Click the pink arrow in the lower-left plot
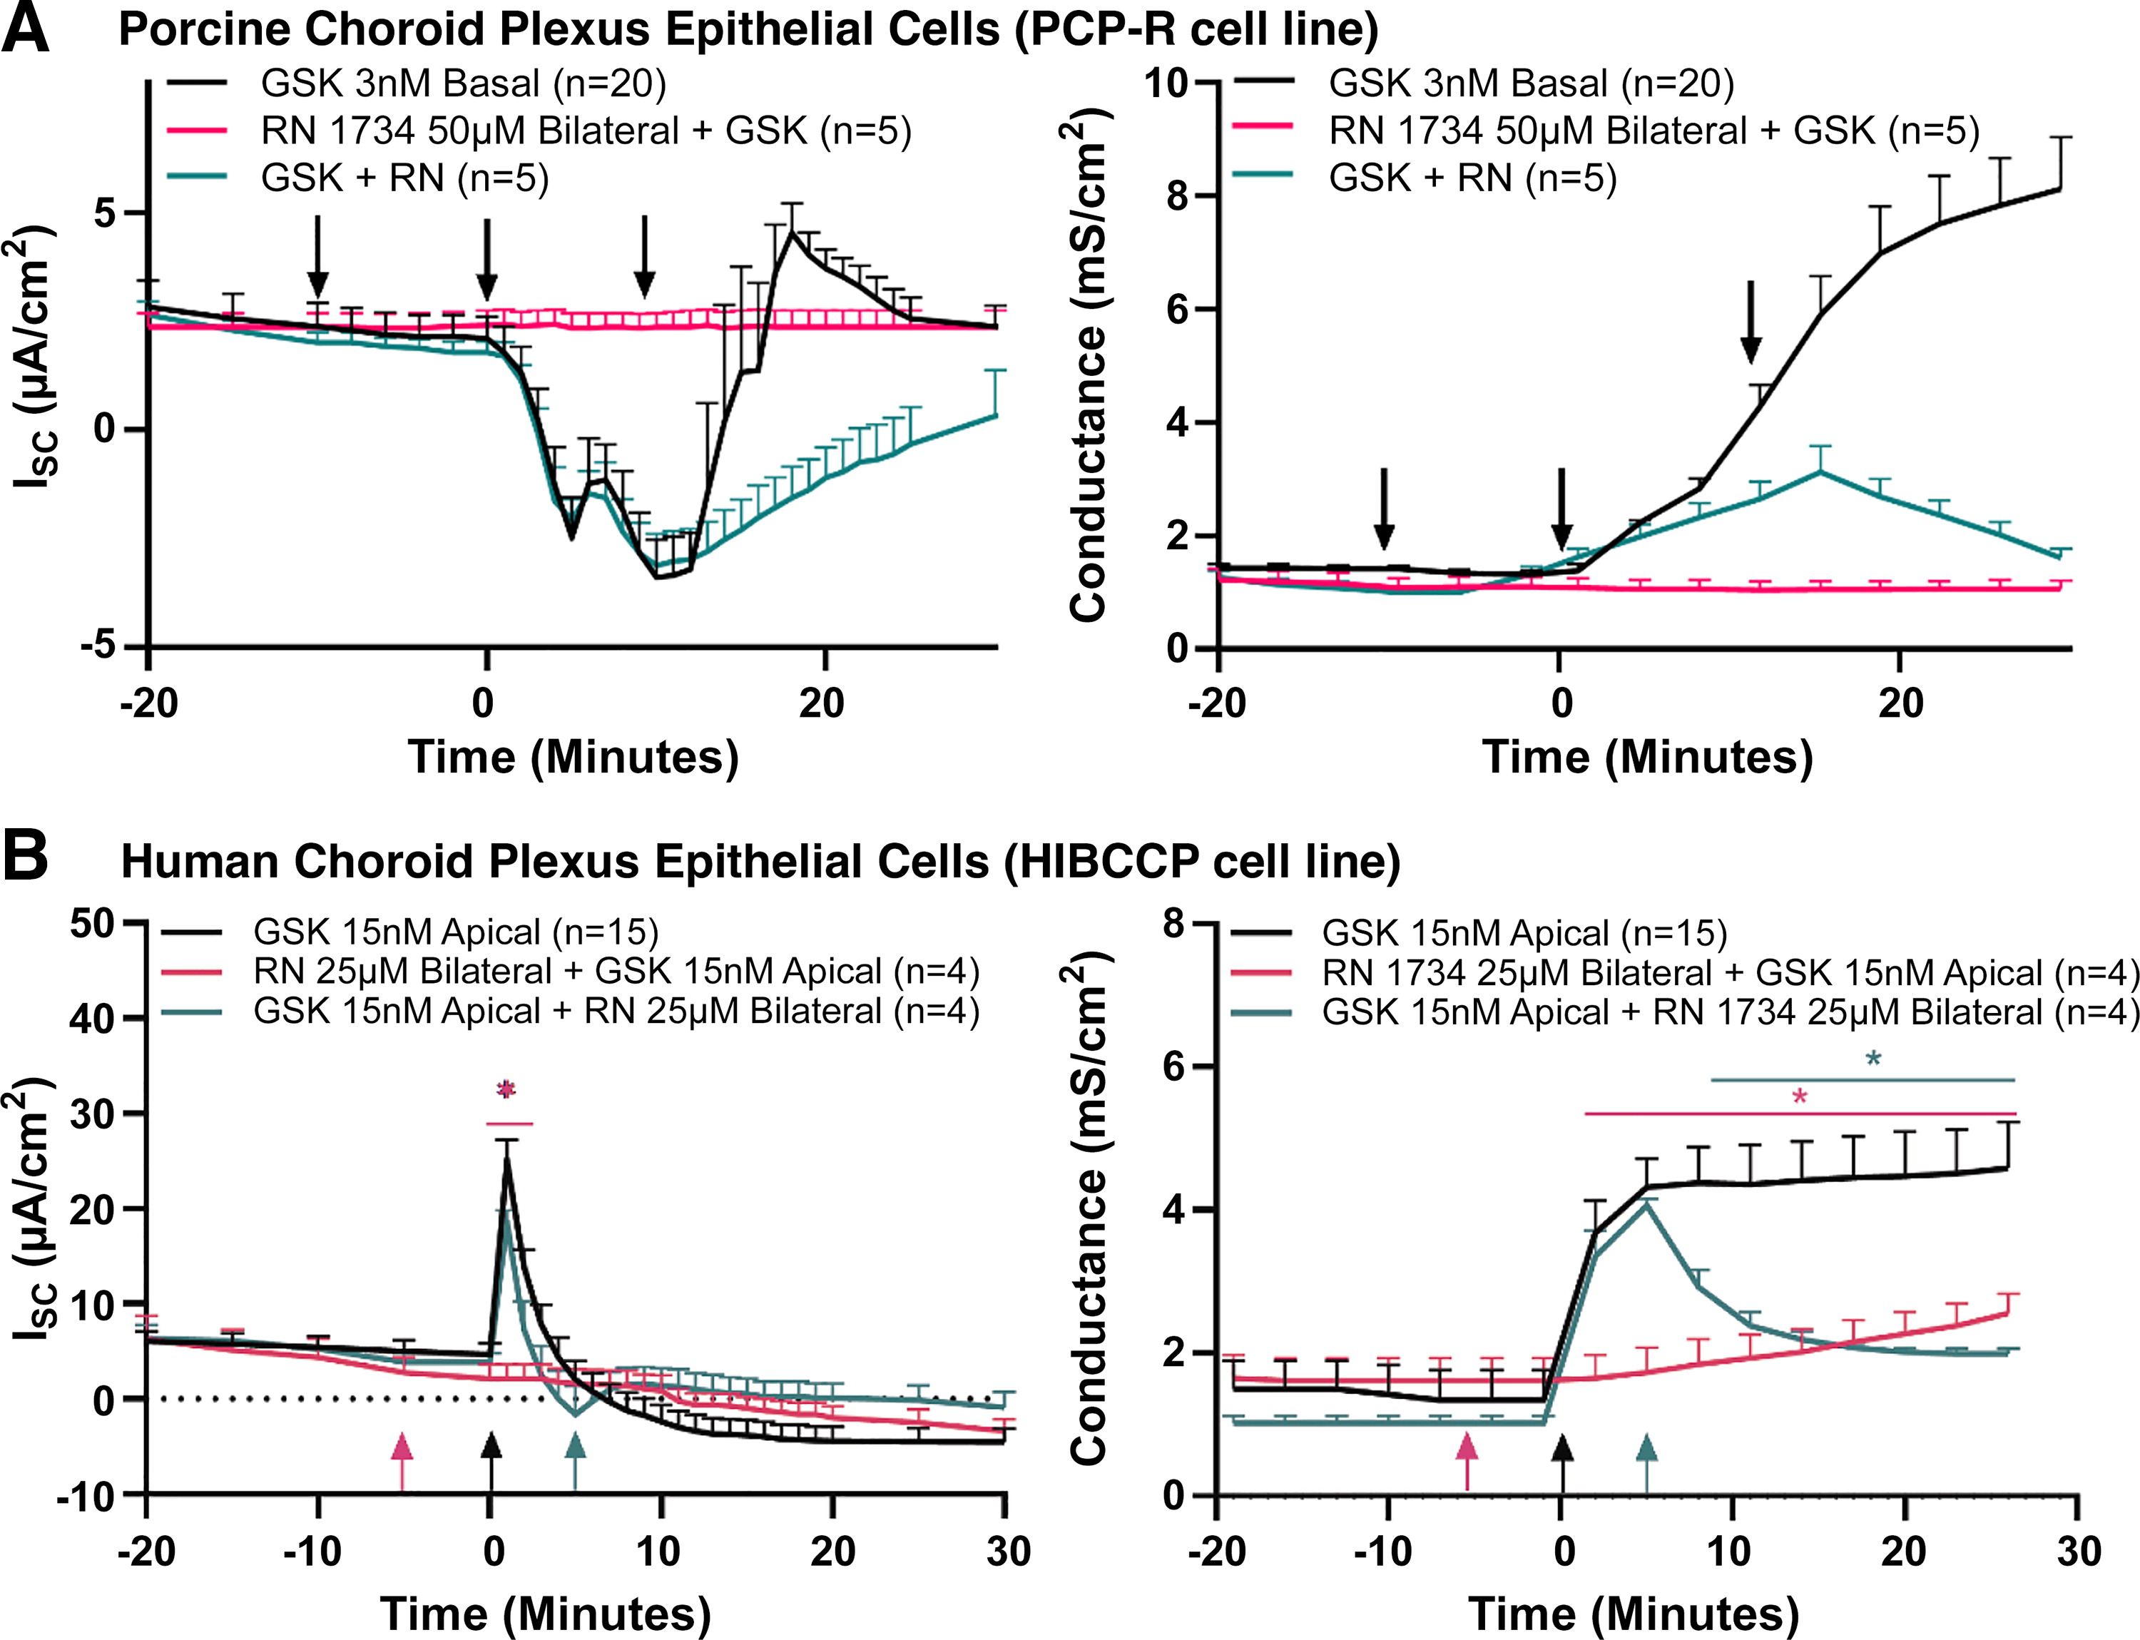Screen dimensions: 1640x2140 [401, 1460]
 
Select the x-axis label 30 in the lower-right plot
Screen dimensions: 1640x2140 [2077, 1551]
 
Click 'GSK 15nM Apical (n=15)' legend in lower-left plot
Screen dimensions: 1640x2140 [456, 932]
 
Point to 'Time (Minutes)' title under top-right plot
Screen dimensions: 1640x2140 [1647, 757]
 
